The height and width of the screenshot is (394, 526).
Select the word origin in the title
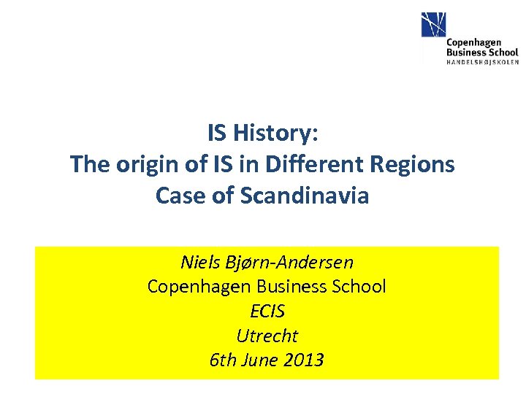(139, 165)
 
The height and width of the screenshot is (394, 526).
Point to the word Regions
(420, 165)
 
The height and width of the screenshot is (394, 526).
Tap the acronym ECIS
(267, 312)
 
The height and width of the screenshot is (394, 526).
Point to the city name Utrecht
(267, 336)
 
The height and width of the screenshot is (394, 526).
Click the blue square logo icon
(433, 26)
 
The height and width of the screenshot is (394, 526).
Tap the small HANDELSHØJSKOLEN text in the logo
(482, 63)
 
